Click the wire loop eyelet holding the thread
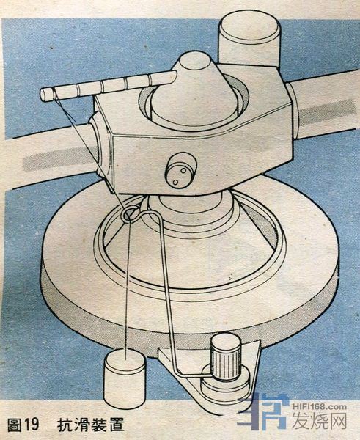[130, 213]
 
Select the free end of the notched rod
[44, 95]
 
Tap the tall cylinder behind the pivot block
[250, 40]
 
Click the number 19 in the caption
[32, 425]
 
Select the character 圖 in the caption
[14, 425]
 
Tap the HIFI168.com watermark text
[320, 406]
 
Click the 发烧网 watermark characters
[320, 421]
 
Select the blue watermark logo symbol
[263, 412]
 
